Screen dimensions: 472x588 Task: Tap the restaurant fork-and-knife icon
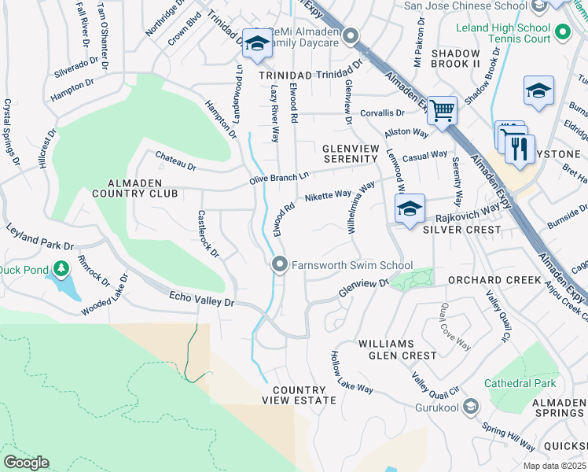(520, 149)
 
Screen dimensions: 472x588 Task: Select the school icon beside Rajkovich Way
(410, 209)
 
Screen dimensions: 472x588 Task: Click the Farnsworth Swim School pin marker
(278, 265)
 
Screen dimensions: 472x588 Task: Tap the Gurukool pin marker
(470, 407)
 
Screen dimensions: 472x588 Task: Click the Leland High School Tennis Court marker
(562, 32)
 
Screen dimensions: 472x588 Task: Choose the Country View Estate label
(299, 395)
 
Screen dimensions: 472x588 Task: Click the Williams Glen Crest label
(396, 349)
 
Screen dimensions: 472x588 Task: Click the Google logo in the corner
(26, 463)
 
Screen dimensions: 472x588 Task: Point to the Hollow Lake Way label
(351, 372)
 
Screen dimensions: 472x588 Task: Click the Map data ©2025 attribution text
(554, 466)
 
